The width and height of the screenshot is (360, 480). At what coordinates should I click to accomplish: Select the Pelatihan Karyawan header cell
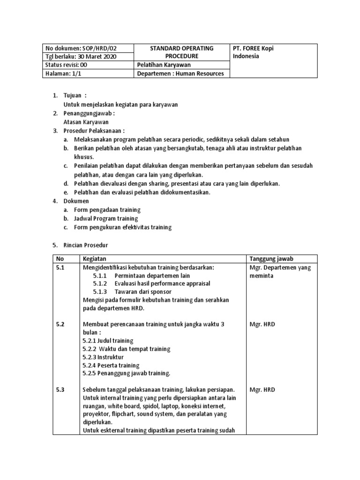pos(164,65)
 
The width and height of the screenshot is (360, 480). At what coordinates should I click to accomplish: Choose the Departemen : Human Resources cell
pos(180,74)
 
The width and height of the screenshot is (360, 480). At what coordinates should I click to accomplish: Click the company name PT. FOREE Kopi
pos(256,48)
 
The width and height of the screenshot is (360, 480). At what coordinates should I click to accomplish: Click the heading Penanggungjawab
pos(89,113)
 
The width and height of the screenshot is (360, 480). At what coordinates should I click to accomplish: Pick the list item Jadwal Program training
pos(106,218)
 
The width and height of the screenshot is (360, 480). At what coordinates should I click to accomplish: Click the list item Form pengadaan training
pos(107,210)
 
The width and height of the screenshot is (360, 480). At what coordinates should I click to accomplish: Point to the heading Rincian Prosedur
pos(85,245)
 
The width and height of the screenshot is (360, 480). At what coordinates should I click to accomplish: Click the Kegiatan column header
pos(95,259)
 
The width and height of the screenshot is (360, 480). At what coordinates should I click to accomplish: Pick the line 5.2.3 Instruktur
pos(103,357)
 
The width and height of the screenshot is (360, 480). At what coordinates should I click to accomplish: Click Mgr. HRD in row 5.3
pos(263,390)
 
